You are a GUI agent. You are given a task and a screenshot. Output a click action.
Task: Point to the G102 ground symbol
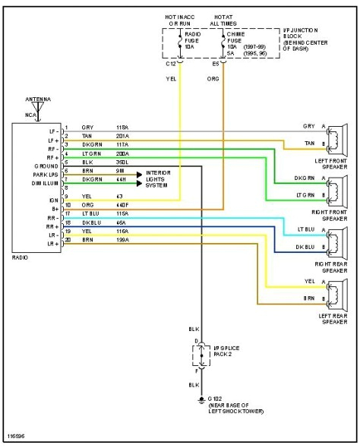tap(201, 398)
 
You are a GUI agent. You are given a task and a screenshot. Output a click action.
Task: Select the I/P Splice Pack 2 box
tap(201, 355)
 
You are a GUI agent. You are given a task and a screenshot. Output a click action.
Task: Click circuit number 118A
tap(122, 128)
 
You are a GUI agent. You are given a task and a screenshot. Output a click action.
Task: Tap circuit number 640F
tap(122, 205)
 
